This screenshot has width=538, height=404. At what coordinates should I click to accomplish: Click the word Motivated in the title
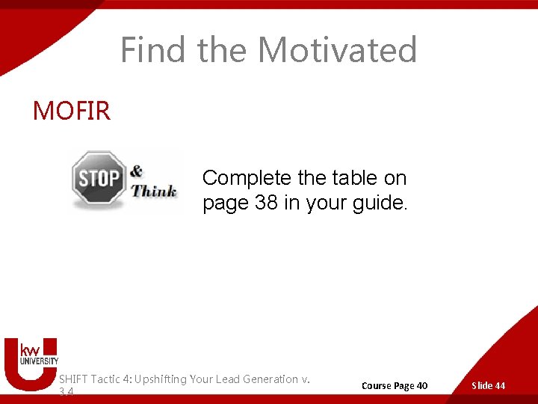click(x=337, y=50)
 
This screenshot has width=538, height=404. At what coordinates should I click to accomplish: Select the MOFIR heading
click(x=71, y=111)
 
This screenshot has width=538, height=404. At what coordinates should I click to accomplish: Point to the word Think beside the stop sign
click(x=154, y=190)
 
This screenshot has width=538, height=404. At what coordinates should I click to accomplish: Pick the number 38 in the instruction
click(x=266, y=203)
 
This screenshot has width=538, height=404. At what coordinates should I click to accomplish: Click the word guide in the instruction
click(x=380, y=203)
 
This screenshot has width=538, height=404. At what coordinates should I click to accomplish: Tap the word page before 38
click(x=226, y=203)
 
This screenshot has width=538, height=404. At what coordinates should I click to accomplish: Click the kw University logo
click(x=31, y=363)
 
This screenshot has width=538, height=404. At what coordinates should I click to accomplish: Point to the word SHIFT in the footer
click(x=72, y=379)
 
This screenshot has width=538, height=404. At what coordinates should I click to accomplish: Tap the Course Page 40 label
click(x=395, y=386)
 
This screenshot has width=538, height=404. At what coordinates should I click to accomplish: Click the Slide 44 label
click(x=488, y=386)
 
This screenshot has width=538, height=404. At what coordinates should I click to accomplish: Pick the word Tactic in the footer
click(x=108, y=379)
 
